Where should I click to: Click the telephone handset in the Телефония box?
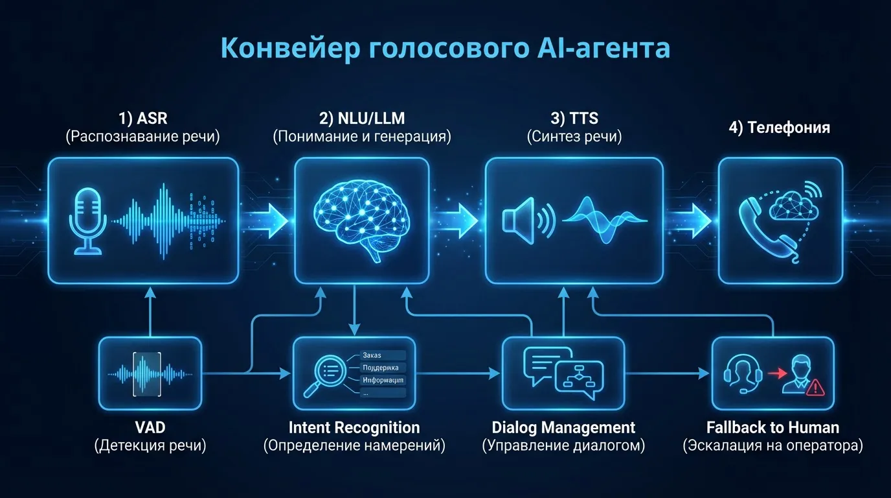[x=760, y=227]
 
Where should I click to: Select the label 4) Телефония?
[x=780, y=128]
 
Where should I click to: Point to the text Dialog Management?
[x=563, y=428]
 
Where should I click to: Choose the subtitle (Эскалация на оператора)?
[x=773, y=447]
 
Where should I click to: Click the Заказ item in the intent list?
[x=373, y=355]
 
